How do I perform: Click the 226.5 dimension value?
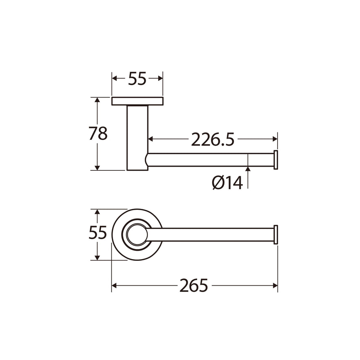[212, 139]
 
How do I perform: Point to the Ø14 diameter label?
[227, 183]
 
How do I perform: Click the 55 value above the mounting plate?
[137, 79]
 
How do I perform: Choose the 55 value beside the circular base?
[98, 233]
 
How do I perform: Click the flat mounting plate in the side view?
[137, 101]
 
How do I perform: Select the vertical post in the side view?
[137, 138]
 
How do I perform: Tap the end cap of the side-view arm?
[276, 159]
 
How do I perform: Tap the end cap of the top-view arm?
[276, 234]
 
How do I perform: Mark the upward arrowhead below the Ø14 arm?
[248, 169]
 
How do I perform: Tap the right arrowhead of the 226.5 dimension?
[275, 139]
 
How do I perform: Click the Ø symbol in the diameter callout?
[217, 183]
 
